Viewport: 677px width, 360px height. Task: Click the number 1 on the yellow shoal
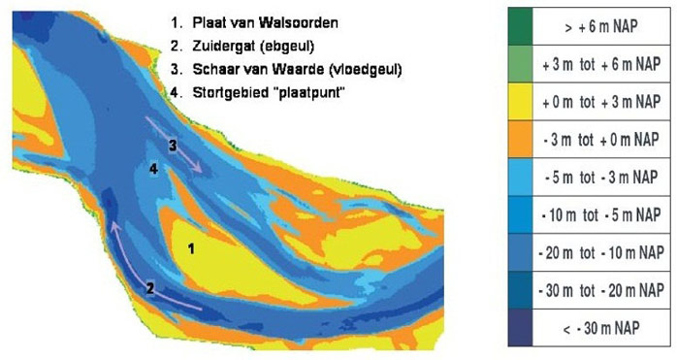pos(191,248)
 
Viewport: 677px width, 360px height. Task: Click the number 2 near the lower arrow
pos(150,288)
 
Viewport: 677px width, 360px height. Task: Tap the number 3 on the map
pos(172,146)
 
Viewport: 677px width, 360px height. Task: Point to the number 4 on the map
pos(153,169)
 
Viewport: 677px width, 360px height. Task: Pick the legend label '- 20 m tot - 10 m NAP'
pos(605,252)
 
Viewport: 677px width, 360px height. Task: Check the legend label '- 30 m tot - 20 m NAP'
pos(605,290)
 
